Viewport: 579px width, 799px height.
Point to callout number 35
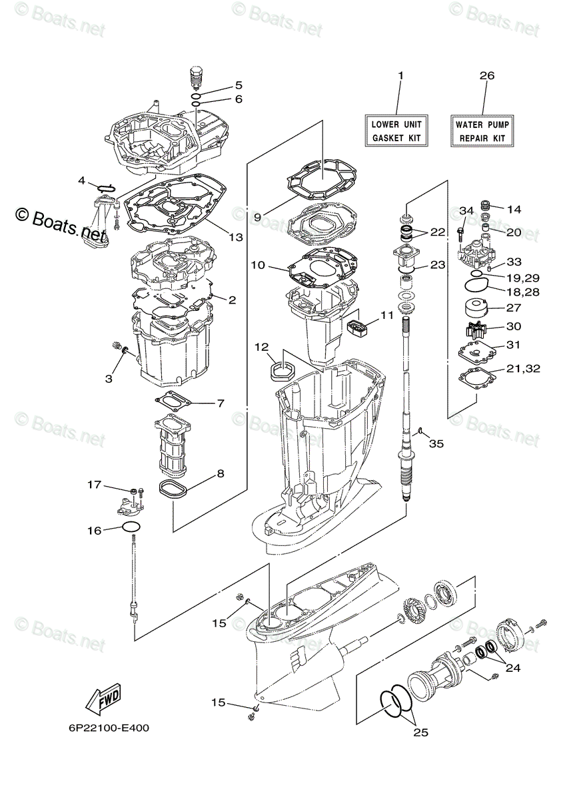[x=436, y=443]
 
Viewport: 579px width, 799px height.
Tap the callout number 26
[x=486, y=76]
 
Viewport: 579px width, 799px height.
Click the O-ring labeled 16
[x=131, y=528]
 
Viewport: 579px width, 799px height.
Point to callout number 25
[x=420, y=732]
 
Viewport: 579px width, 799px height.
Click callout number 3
[x=109, y=379]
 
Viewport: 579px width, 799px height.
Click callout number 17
[x=95, y=485]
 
